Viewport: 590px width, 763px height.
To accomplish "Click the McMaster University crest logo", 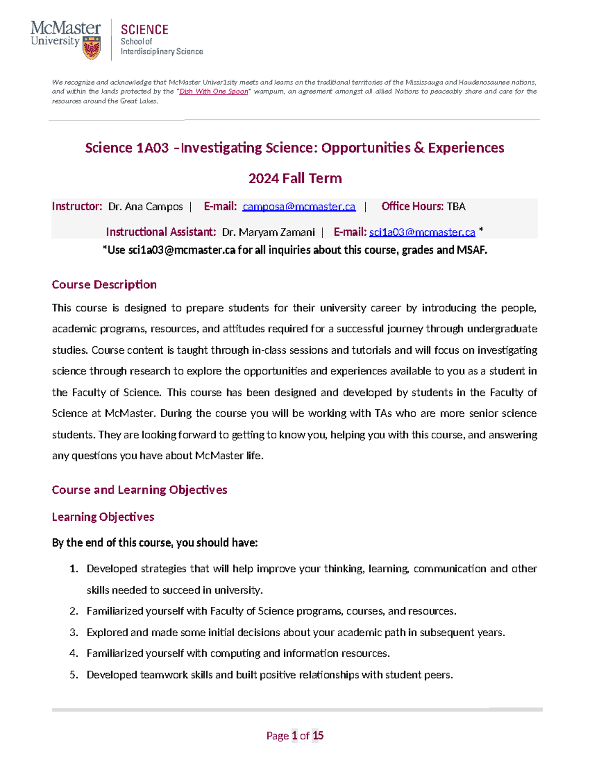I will [91, 48].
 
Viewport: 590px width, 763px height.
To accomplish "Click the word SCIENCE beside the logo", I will [145, 30].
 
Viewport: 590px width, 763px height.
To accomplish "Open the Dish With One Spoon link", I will [213, 91].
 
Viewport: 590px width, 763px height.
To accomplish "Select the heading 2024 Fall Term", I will [295, 178].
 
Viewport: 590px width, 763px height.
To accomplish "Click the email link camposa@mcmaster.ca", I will [299, 207].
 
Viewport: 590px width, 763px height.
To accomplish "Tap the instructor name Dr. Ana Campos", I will [146, 207].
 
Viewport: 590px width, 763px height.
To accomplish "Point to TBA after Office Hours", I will [456, 207].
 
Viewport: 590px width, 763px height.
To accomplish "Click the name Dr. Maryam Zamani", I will [268, 232].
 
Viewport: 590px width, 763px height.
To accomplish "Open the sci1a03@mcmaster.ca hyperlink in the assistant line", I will [422, 232].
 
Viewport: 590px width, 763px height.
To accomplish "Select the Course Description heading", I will [104, 285].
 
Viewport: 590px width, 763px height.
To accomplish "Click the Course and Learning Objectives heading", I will [139, 490].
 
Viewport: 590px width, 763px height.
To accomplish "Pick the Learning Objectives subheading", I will [103, 517].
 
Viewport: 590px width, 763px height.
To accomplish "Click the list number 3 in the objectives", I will [74, 633].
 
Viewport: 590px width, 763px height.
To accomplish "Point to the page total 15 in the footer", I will [318, 735].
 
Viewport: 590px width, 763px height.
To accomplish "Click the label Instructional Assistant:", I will [161, 232].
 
